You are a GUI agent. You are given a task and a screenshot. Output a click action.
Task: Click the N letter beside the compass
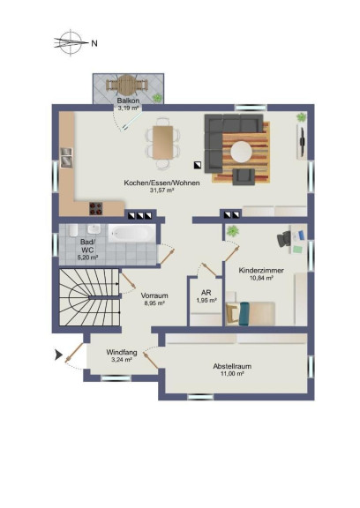coord(94,43)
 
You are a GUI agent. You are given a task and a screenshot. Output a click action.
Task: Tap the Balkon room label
coord(128,101)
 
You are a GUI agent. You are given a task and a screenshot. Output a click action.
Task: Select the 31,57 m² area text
coord(161,190)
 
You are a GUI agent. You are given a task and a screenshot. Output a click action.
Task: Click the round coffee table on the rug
coord(241,152)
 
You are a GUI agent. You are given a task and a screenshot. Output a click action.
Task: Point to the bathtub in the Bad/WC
coord(131,233)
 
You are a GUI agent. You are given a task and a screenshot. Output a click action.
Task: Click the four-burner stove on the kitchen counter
coord(96,209)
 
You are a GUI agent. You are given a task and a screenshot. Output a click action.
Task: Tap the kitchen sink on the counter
coord(66,158)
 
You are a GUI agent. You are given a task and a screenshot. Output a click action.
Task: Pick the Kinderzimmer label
coord(261,270)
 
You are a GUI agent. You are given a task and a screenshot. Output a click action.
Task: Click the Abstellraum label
coord(232,366)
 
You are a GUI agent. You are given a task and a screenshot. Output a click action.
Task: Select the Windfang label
coord(122,352)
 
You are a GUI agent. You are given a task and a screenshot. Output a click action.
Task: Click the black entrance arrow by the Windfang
coord(58,355)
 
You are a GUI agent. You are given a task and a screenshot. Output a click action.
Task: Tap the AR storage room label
coord(206,293)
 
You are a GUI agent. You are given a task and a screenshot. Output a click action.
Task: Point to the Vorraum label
coord(154,295)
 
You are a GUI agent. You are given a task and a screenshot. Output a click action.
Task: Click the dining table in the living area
coord(162,143)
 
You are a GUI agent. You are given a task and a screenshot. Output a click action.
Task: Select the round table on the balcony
coord(127,86)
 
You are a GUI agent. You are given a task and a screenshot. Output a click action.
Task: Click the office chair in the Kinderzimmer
coord(284,239)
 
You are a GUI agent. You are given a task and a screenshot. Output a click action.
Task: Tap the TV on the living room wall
coord(303,141)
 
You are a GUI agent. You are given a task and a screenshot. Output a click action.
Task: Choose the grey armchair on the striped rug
coord(244,176)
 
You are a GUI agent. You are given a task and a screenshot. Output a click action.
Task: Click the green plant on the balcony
coord(157,98)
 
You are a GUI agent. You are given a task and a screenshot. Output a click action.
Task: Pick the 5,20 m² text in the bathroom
coord(87,258)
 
